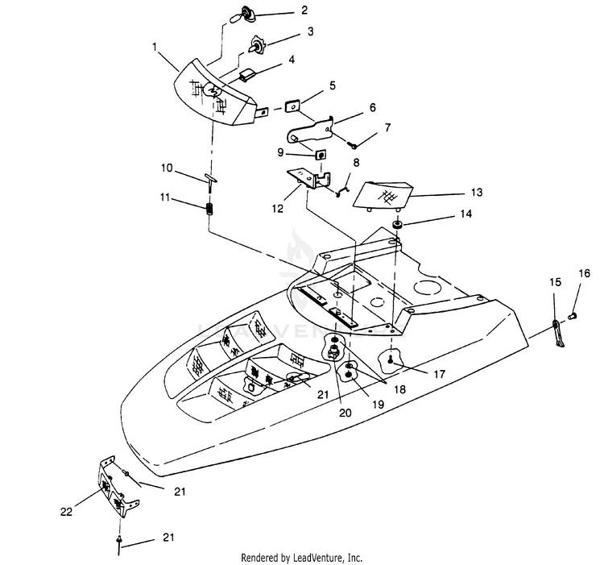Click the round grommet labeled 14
point(397,222)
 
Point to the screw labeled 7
point(352,145)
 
